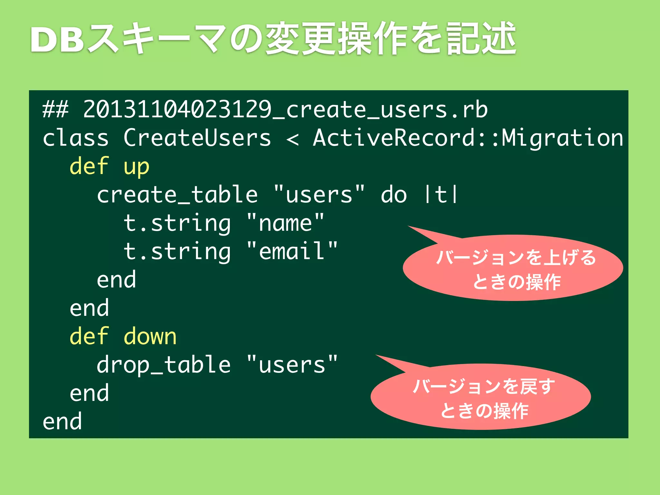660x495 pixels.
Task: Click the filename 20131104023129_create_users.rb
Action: click(285, 110)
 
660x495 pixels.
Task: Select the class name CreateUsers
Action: click(197, 138)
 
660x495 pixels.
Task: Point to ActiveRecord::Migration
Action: click(468, 138)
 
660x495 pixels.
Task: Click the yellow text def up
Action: click(109, 167)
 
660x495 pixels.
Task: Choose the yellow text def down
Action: click(123, 336)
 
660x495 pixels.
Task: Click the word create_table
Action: click(177, 195)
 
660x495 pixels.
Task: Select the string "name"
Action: click(285, 223)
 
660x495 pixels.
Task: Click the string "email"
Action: click(292, 251)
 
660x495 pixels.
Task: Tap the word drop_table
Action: click(163, 365)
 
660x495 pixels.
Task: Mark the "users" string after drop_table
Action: click(292, 365)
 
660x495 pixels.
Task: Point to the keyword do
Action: click(394, 195)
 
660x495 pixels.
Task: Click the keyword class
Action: click(76, 138)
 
